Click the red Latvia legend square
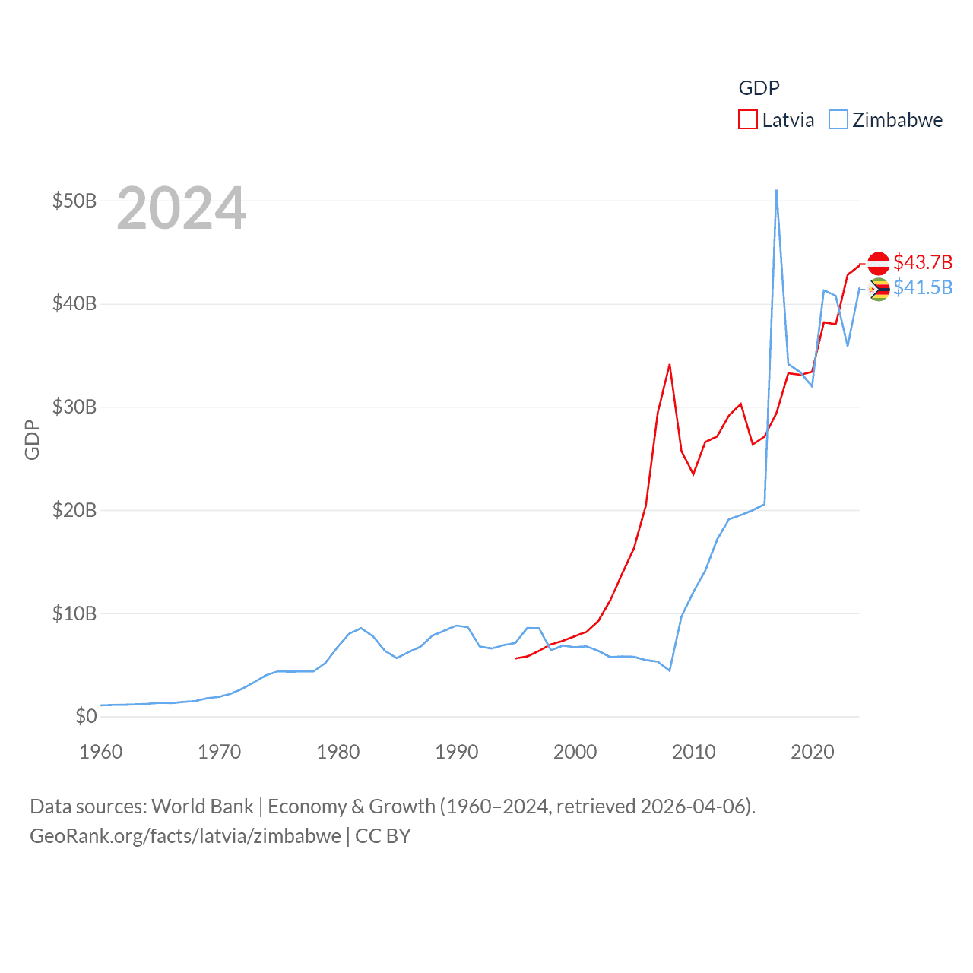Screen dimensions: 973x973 [748, 120]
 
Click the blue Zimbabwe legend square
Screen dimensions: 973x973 [838, 120]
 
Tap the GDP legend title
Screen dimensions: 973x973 [759, 88]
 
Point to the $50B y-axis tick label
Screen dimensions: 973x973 [74, 201]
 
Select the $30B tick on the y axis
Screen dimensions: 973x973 [74, 407]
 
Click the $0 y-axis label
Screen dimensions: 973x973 [86, 716]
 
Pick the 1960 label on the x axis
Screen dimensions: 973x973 [101, 752]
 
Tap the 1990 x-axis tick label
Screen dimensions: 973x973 [457, 752]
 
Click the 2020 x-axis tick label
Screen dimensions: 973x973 [813, 752]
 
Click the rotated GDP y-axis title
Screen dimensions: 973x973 [32, 439]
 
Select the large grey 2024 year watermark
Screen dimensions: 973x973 [182, 208]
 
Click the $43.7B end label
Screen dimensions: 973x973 [923, 262]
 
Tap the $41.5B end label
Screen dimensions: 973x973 [923, 287]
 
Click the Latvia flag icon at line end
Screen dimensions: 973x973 [879, 263]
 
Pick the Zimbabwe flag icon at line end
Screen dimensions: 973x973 [879, 289]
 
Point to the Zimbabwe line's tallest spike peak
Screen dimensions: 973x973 [776, 191]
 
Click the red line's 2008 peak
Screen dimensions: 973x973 [670, 365]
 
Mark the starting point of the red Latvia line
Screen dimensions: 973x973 [516, 658]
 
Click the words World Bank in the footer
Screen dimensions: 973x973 [202, 806]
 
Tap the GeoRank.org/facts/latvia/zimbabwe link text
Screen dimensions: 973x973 [185, 836]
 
